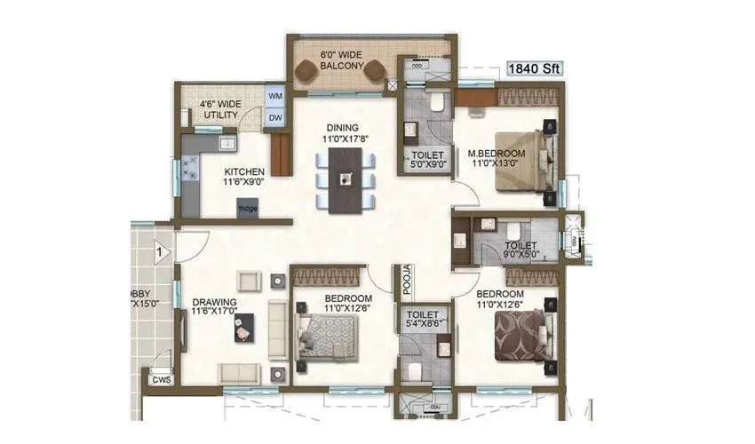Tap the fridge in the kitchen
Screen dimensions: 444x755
248,207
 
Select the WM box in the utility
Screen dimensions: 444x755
274,96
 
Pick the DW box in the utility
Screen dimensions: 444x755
274,117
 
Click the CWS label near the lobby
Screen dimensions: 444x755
161,379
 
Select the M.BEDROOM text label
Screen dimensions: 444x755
496,154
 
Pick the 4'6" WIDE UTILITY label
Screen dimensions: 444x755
219,109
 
